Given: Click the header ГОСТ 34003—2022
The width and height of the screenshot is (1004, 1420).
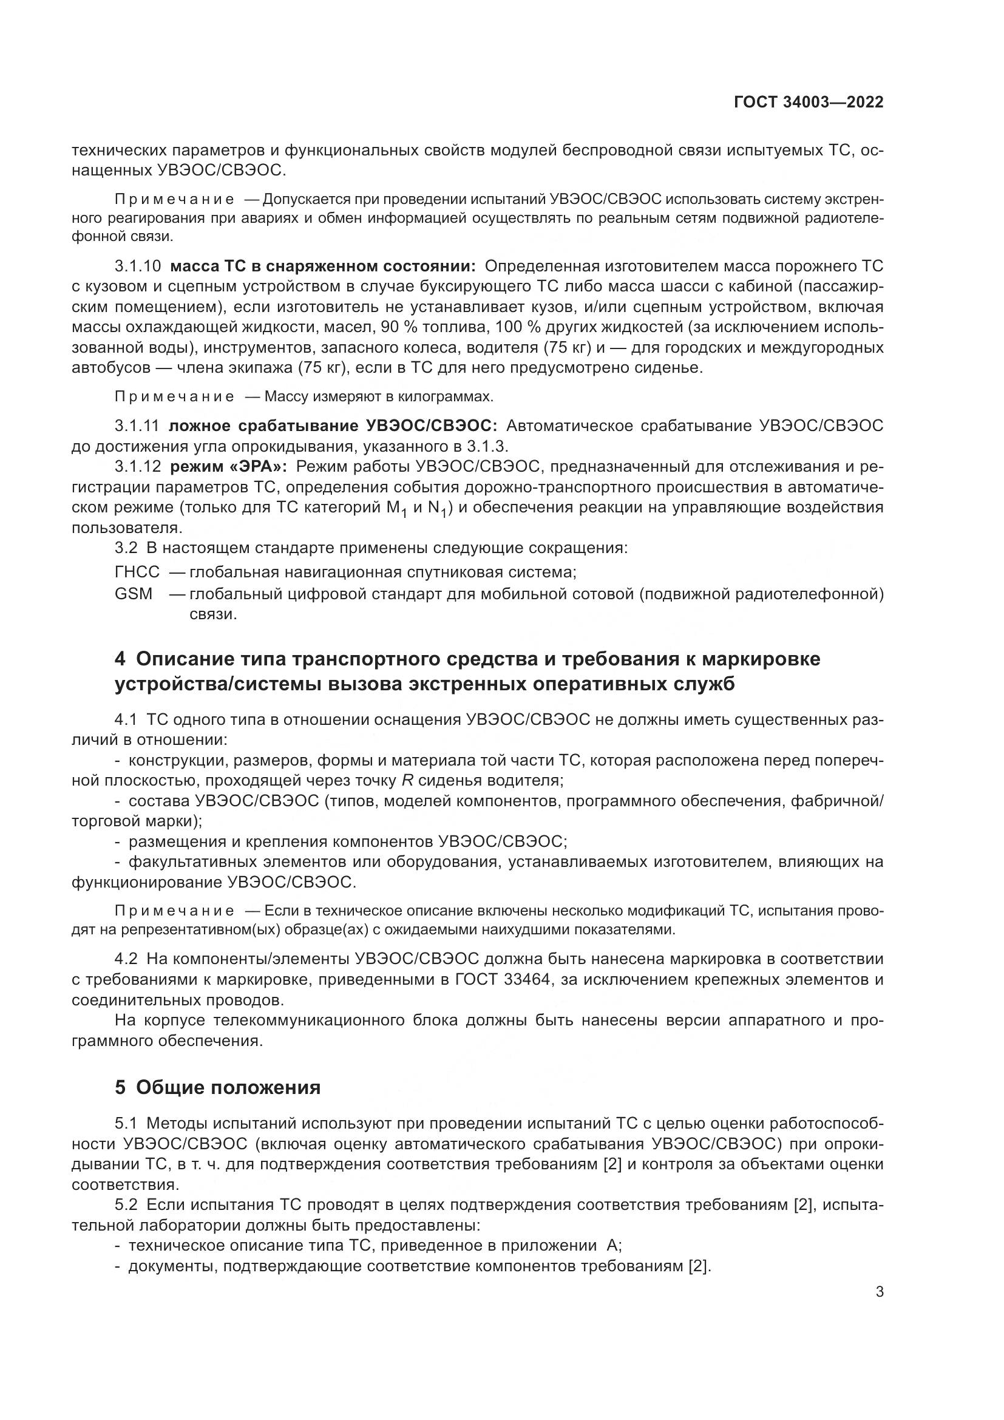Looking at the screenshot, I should point(808,102).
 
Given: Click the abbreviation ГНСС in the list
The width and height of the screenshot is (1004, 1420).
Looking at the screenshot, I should point(137,571).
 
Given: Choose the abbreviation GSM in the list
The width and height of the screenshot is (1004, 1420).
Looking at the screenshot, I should point(133,594).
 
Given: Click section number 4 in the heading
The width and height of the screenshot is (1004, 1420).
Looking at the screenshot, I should point(120,659).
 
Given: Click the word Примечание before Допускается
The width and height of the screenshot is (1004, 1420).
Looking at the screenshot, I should point(174,199).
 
